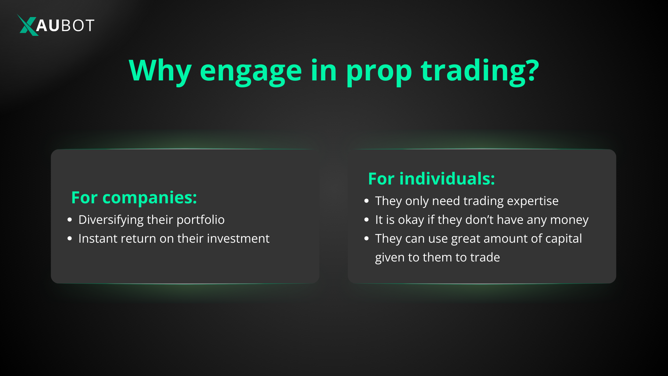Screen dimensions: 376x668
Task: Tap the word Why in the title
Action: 160,71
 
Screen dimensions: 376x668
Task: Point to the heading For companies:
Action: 134,197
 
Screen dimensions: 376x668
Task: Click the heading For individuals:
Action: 431,179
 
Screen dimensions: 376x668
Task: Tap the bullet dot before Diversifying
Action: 70,220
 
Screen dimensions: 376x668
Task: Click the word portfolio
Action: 200,220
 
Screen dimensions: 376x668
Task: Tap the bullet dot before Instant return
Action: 70,239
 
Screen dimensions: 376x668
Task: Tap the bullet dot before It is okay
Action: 366,220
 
